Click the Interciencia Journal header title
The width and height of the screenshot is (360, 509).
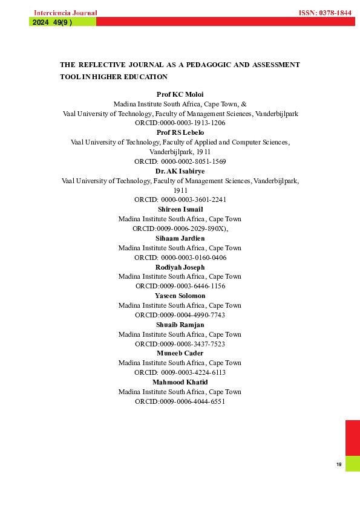65,13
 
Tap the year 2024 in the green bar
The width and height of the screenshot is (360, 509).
40,22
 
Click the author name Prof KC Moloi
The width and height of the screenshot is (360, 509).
180,94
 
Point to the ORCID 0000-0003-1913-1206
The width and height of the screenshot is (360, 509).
180,123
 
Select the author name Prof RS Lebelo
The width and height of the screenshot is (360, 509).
180,132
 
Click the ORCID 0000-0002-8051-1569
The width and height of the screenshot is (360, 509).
180,162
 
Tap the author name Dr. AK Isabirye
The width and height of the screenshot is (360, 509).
180,171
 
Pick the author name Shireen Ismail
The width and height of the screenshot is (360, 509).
180,209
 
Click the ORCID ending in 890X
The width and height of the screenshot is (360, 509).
180,229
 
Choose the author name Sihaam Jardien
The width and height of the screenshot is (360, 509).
180,238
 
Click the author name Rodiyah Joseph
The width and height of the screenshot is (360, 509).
180,267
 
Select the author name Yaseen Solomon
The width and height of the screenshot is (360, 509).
180,296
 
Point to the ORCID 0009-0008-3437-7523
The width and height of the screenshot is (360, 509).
180,344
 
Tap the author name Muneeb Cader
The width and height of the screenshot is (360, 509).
180,353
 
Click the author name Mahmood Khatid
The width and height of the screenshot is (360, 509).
180,382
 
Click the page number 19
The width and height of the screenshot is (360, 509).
339,464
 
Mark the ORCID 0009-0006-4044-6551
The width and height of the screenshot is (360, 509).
180,401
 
